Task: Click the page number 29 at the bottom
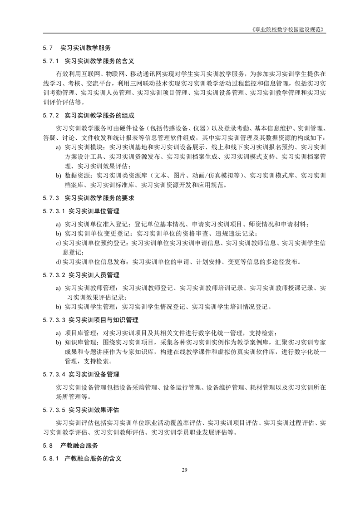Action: [x=184, y=469]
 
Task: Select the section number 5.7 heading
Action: [x=49, y=48]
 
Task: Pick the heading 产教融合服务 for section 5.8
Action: [x=79, y=445]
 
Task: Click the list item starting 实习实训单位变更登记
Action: [x=161, y=234]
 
